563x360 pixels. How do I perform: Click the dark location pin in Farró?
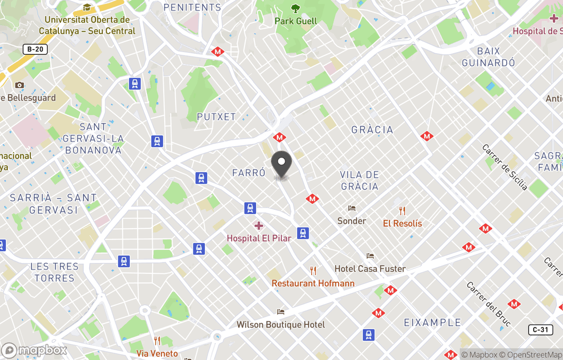pyautogui.click(x=282, y=164)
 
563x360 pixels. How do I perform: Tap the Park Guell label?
pyautogui.click(x=296, y=21)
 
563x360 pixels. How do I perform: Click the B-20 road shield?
pyautogui.click(x=35, y=50)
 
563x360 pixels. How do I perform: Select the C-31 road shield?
pyautogui.click(x=540, y=330)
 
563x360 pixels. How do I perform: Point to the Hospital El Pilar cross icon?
pyautogui.click(x=259, y=226)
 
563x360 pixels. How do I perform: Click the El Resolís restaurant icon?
pyautogui.click(x=402, y=211)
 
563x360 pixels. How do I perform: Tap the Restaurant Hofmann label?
pyautogui.click(x=313, y=283)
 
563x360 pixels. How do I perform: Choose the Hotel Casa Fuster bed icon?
pyautogui.click(x=370, y=256)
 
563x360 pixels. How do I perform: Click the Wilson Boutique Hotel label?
pyautogui.click(x=280, y=325)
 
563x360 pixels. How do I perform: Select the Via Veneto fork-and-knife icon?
pyautogui.click(x=157, y=341)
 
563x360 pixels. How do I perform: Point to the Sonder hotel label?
pyautogui.click(x=351, y=221)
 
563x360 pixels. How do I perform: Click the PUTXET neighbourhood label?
pyautogui.click(x=216, y=117)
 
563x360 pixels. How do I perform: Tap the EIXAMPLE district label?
pyautogui.click(x=432, y=323)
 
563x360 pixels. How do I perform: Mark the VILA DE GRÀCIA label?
pyautogui.click(x=360, y=181)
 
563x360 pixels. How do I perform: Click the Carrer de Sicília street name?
pyautogui.click(x=505, y=167)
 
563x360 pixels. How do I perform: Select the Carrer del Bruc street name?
pyautogui.click(x=488, y=304)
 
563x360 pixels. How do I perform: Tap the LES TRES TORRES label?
pyautogui.click(x=54, y=272)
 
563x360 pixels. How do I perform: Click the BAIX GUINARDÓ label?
pyautogui.click(x=488, y=57)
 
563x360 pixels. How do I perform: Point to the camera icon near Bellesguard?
pyautogui.click(x=19, y=85)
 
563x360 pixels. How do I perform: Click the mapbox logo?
pyautogui.click(x=34, y=350)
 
